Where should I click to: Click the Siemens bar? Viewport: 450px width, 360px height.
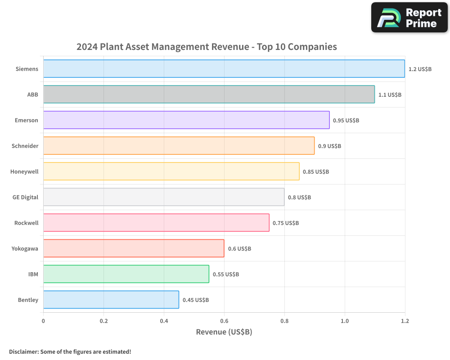(224, 69)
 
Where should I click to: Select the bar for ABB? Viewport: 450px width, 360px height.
(209, 94)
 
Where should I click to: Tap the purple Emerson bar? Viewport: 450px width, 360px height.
(186, 120)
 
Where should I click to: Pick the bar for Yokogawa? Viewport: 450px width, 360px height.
(134, 248)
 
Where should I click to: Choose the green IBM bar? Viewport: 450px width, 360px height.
(126, 274)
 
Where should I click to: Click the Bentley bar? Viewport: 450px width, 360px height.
(111, 300)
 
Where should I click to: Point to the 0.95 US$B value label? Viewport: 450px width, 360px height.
(346, 121)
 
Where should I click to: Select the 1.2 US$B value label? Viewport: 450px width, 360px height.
(420, 69)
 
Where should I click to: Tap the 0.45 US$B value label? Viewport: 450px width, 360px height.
(196, 300)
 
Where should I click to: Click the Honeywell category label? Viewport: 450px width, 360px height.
(24, 171)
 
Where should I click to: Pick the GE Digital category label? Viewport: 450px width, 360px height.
(25, 197)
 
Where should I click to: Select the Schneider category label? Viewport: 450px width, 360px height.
(25, 146)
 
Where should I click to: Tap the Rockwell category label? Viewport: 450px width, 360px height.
(26, 223)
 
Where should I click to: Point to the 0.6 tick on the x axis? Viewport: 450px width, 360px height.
(224, 321)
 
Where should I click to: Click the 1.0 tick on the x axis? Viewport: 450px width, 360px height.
(345, 321)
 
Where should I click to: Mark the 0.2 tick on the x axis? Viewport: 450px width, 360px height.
(103, 321)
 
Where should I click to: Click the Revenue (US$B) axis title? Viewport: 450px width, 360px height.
(224, 332)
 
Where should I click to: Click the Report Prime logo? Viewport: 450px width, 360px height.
(409, 18)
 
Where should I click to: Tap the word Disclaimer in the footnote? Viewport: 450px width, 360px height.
(23, 351)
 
